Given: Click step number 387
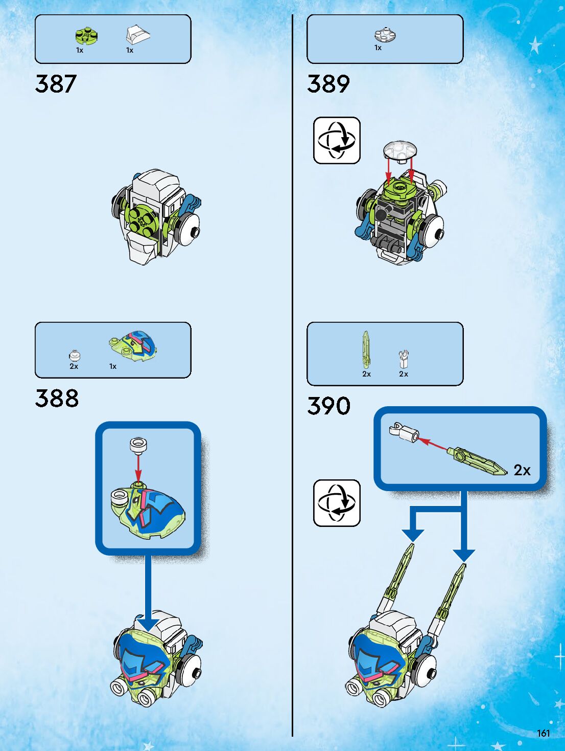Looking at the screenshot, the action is click(56, 84).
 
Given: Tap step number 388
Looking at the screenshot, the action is click(57, 398).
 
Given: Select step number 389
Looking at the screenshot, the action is click(328, 84).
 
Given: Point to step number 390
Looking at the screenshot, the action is click(328, 406).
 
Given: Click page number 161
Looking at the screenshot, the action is click(543, 733).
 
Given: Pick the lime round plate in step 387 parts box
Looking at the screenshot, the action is click(86, 36).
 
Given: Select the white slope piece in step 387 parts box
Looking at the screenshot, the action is click(137, 35).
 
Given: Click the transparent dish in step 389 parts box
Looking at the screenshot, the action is click(385, 35).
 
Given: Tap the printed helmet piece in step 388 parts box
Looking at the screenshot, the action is click(133, 346).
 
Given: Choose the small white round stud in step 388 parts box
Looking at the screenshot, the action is click(75, 356).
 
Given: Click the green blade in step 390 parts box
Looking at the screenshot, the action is click(366, 349).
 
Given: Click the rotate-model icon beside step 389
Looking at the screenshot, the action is click(337, 140).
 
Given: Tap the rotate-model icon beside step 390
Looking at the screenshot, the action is click(337, 503).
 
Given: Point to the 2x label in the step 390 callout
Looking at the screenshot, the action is click(522, 470).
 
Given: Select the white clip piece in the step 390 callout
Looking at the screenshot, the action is click(403, 432).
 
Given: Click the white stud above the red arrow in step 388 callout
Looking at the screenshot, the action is click(138, 445).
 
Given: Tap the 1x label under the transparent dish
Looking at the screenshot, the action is click(378, 48).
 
